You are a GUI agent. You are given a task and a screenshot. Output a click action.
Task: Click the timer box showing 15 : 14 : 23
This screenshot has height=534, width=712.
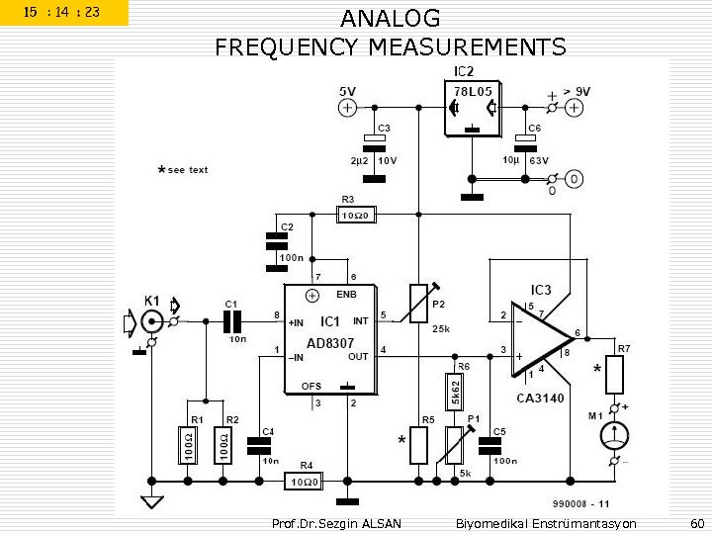63,13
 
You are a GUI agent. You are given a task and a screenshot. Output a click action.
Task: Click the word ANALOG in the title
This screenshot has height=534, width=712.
391,19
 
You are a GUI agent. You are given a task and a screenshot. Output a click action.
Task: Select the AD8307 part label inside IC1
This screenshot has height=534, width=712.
322,342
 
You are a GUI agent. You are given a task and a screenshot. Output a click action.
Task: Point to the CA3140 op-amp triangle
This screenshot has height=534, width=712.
539,339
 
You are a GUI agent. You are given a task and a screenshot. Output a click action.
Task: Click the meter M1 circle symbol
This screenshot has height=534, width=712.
616,435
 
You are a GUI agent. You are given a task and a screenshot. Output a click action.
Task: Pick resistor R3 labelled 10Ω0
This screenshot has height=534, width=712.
356,214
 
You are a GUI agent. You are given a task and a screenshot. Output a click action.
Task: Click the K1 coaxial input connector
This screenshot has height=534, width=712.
151,321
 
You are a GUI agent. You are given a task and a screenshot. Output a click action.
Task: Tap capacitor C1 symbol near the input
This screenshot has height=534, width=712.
232,321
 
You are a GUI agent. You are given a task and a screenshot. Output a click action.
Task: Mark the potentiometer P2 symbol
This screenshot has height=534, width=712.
419,303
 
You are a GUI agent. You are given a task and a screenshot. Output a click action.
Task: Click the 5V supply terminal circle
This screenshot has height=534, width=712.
348,109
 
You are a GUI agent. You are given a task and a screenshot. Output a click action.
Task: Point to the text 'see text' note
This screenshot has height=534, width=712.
187,170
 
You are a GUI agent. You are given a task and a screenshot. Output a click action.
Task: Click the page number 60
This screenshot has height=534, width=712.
696,523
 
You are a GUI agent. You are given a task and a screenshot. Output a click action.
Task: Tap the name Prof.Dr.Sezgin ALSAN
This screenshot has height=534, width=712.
335,523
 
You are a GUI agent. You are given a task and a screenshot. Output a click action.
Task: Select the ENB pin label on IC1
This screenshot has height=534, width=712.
346,295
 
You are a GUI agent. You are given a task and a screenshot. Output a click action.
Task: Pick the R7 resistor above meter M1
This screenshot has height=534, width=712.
616,375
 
